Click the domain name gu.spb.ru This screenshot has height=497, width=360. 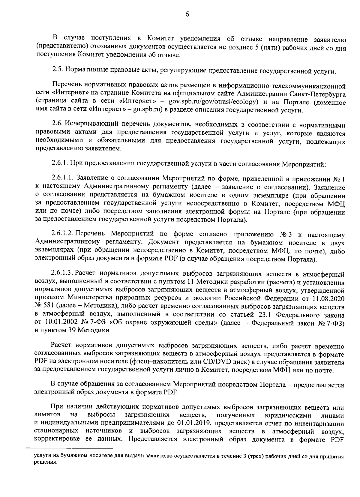pos(148,110)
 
